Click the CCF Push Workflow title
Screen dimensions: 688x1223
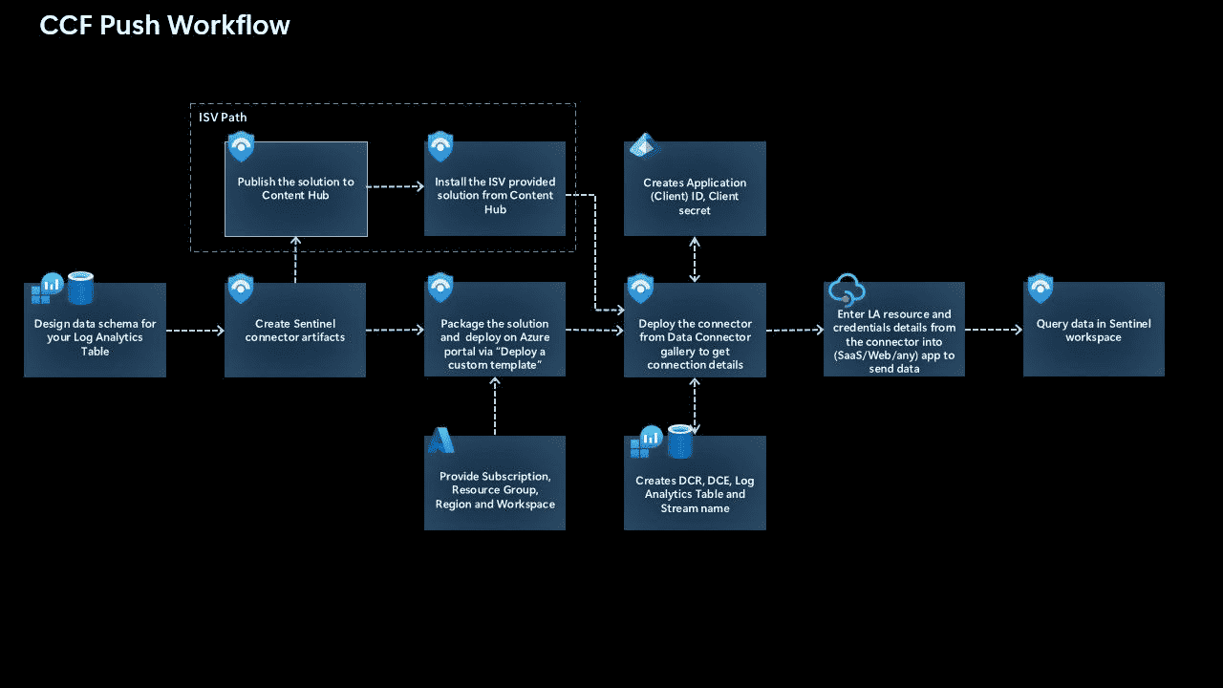pos(164,25)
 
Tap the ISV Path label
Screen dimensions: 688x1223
pos(223,118)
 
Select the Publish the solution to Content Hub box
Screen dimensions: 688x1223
pos(296,189)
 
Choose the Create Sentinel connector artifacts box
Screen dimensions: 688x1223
pos(295,331)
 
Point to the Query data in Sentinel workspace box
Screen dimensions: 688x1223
pos(1094,331)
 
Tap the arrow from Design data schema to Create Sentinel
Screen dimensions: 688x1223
pos(195,331)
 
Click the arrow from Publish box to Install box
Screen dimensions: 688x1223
pos(396,187)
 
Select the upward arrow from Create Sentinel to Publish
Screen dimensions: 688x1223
pos(295,260)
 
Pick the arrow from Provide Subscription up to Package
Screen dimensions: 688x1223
pos(495,406)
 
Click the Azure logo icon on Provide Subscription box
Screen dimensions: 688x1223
pos(440,441)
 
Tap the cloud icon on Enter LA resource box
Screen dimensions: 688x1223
pos(847,289)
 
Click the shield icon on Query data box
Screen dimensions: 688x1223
pos(1040,289)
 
